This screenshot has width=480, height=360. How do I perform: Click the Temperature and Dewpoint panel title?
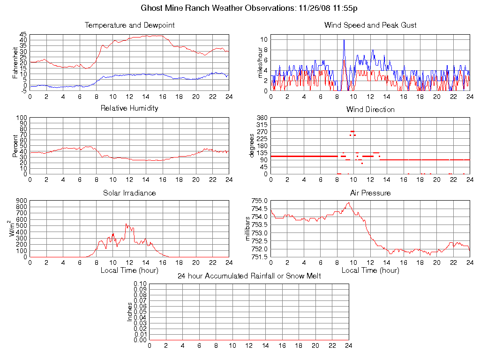click(129, 25)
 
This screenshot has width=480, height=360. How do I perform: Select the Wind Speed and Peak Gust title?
click(370, 25)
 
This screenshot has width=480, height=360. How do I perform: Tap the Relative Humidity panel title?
click(129, 108)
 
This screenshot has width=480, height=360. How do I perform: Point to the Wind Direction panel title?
click(370, 109)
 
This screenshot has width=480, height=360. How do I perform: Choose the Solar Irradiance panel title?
click(129, 193)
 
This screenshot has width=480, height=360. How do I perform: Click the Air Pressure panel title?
click(370, 193)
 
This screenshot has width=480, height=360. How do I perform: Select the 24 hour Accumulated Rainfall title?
click(249, 276)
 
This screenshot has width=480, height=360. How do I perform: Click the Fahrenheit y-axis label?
click(15, 62)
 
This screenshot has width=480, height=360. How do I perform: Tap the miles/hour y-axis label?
click(256, 62)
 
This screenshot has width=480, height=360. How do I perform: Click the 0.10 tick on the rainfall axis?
click(140, 284)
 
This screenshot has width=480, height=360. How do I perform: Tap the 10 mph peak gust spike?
click(344, 40)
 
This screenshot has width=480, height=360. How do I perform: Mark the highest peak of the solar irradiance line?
click(126, 224)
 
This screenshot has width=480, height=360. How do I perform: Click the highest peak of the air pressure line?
click(348, 202)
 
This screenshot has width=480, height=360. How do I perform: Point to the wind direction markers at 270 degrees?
click(352, 131)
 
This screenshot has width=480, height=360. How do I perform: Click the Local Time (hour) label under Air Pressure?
click(370, 270)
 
